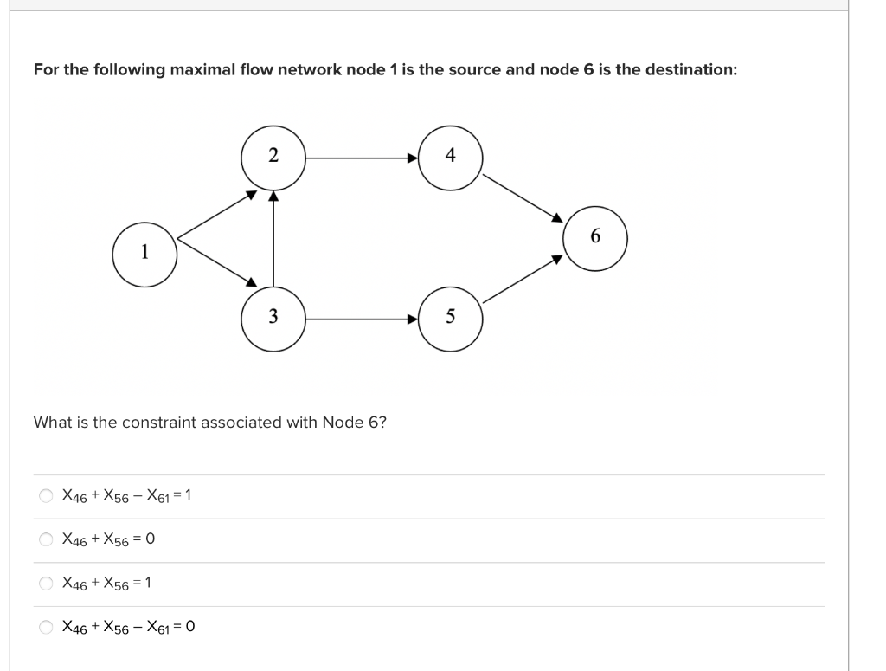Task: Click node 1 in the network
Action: click(x=145, y=253)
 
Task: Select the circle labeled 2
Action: click(x=273, y=157)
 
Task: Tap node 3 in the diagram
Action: click(x=273, y=318)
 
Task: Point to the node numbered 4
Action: click(x=450, y=157)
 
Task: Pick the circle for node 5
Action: click(x=450, y=318)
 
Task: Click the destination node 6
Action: click(x=594, y=236)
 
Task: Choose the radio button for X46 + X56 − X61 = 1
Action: click(x=45, y=496)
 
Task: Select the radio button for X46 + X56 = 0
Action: click(x=45, y=539)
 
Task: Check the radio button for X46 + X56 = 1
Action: click(x=45, y=583)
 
